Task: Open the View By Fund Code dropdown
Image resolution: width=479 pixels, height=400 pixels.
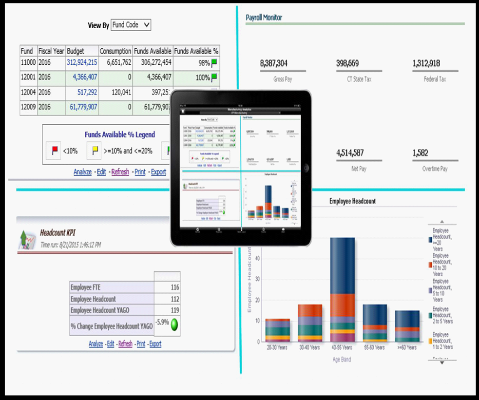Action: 131,25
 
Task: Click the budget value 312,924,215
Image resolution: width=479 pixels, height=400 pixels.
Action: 82,62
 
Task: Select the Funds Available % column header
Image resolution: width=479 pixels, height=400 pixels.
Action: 196,51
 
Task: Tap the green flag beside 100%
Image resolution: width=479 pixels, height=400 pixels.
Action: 214,77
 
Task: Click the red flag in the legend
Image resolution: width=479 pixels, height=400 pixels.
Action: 55,151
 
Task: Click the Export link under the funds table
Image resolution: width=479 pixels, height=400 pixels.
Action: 158,172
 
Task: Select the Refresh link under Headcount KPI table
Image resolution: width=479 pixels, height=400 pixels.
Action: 125,344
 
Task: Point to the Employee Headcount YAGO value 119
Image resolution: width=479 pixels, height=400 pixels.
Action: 174,310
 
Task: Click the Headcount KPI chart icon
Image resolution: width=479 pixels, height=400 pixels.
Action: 26,239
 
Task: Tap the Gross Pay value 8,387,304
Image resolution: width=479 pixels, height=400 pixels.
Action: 273,63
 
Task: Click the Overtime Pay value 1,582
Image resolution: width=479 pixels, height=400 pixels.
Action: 420,153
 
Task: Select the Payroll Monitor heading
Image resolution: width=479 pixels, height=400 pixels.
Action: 264,18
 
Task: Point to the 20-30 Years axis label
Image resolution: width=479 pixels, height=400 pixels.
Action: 277,347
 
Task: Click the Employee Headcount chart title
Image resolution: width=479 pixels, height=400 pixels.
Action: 352,201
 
